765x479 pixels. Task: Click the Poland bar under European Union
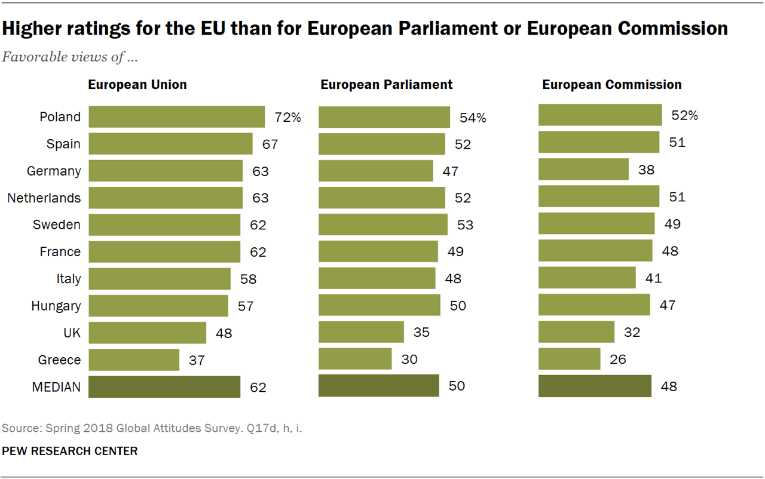click(x=176, y=117)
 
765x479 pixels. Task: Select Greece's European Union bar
click(x=134, y=360)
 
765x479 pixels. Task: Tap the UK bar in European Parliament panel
click(x=361, y=332)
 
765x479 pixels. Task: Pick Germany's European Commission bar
click(x=583, y=170)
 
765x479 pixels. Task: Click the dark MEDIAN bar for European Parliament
click(x=378, y=386)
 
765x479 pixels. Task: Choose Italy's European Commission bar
click(x=587, y=278)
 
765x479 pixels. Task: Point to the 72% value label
click(x=287, y=117)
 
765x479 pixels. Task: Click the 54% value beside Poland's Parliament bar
click(x=473, y=118)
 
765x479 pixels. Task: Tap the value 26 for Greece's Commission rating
click(x=617, y=360)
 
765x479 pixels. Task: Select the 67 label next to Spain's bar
click(x=269, y=144)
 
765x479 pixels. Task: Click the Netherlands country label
click(x=44, y=198)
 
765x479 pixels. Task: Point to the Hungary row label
click(x=56, y=306)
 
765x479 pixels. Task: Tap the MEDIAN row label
click(x=56, y=387)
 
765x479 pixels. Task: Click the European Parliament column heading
click(x=386, y=84)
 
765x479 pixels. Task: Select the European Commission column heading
click(x=611, y=84)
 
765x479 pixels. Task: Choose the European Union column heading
click(x=137, y=84)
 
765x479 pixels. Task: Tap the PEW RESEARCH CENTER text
click(x=70, y=451)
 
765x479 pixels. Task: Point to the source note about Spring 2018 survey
click(x=152, y=428)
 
